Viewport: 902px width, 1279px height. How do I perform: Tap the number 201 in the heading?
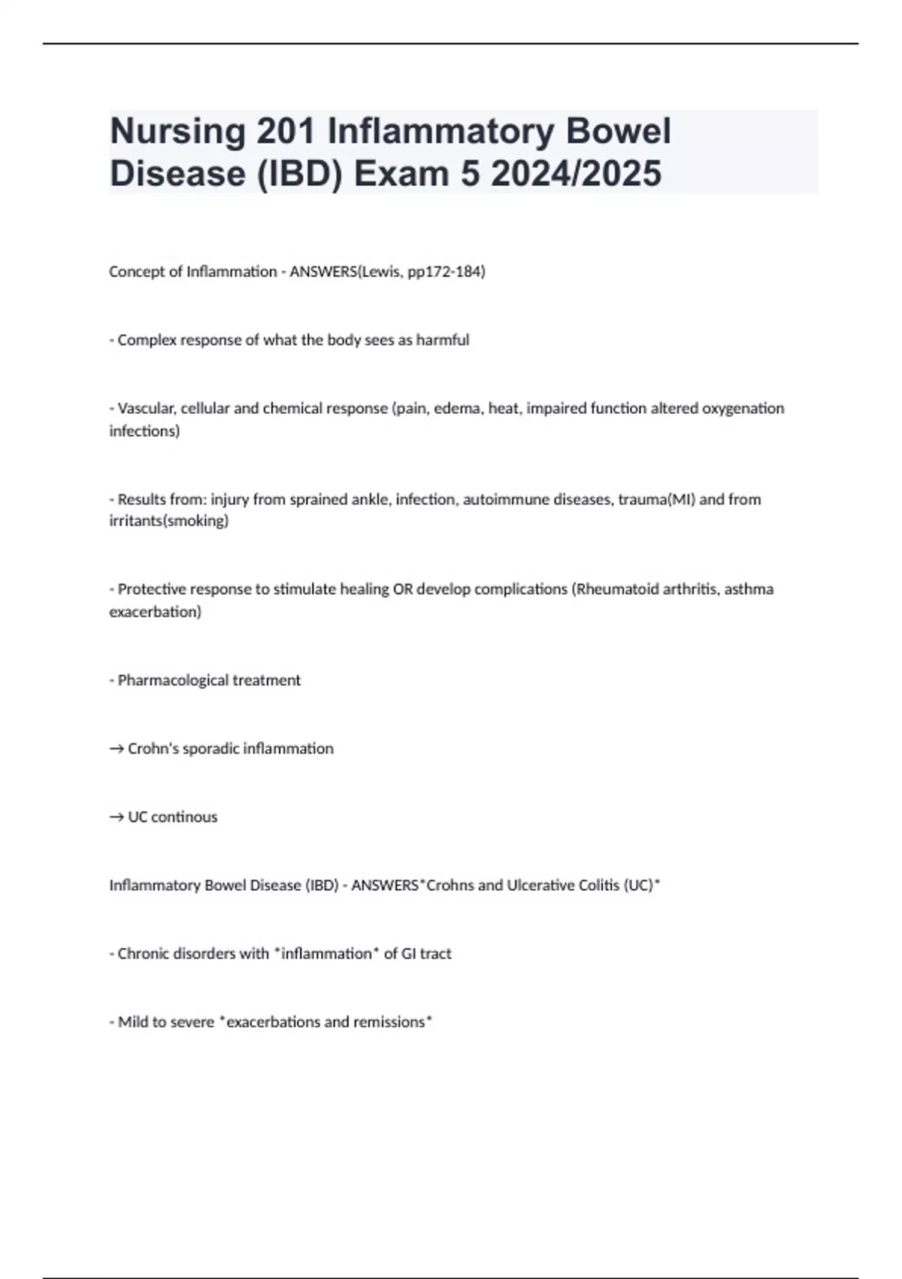[x=286, y=131]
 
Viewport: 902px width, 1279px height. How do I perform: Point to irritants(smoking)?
[x=169, y=521]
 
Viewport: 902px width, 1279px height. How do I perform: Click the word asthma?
[x=749, y=589]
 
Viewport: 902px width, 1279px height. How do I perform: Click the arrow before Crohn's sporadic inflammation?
[x=117, y=749]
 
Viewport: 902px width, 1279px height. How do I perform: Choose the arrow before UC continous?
[x=117, y=818]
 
